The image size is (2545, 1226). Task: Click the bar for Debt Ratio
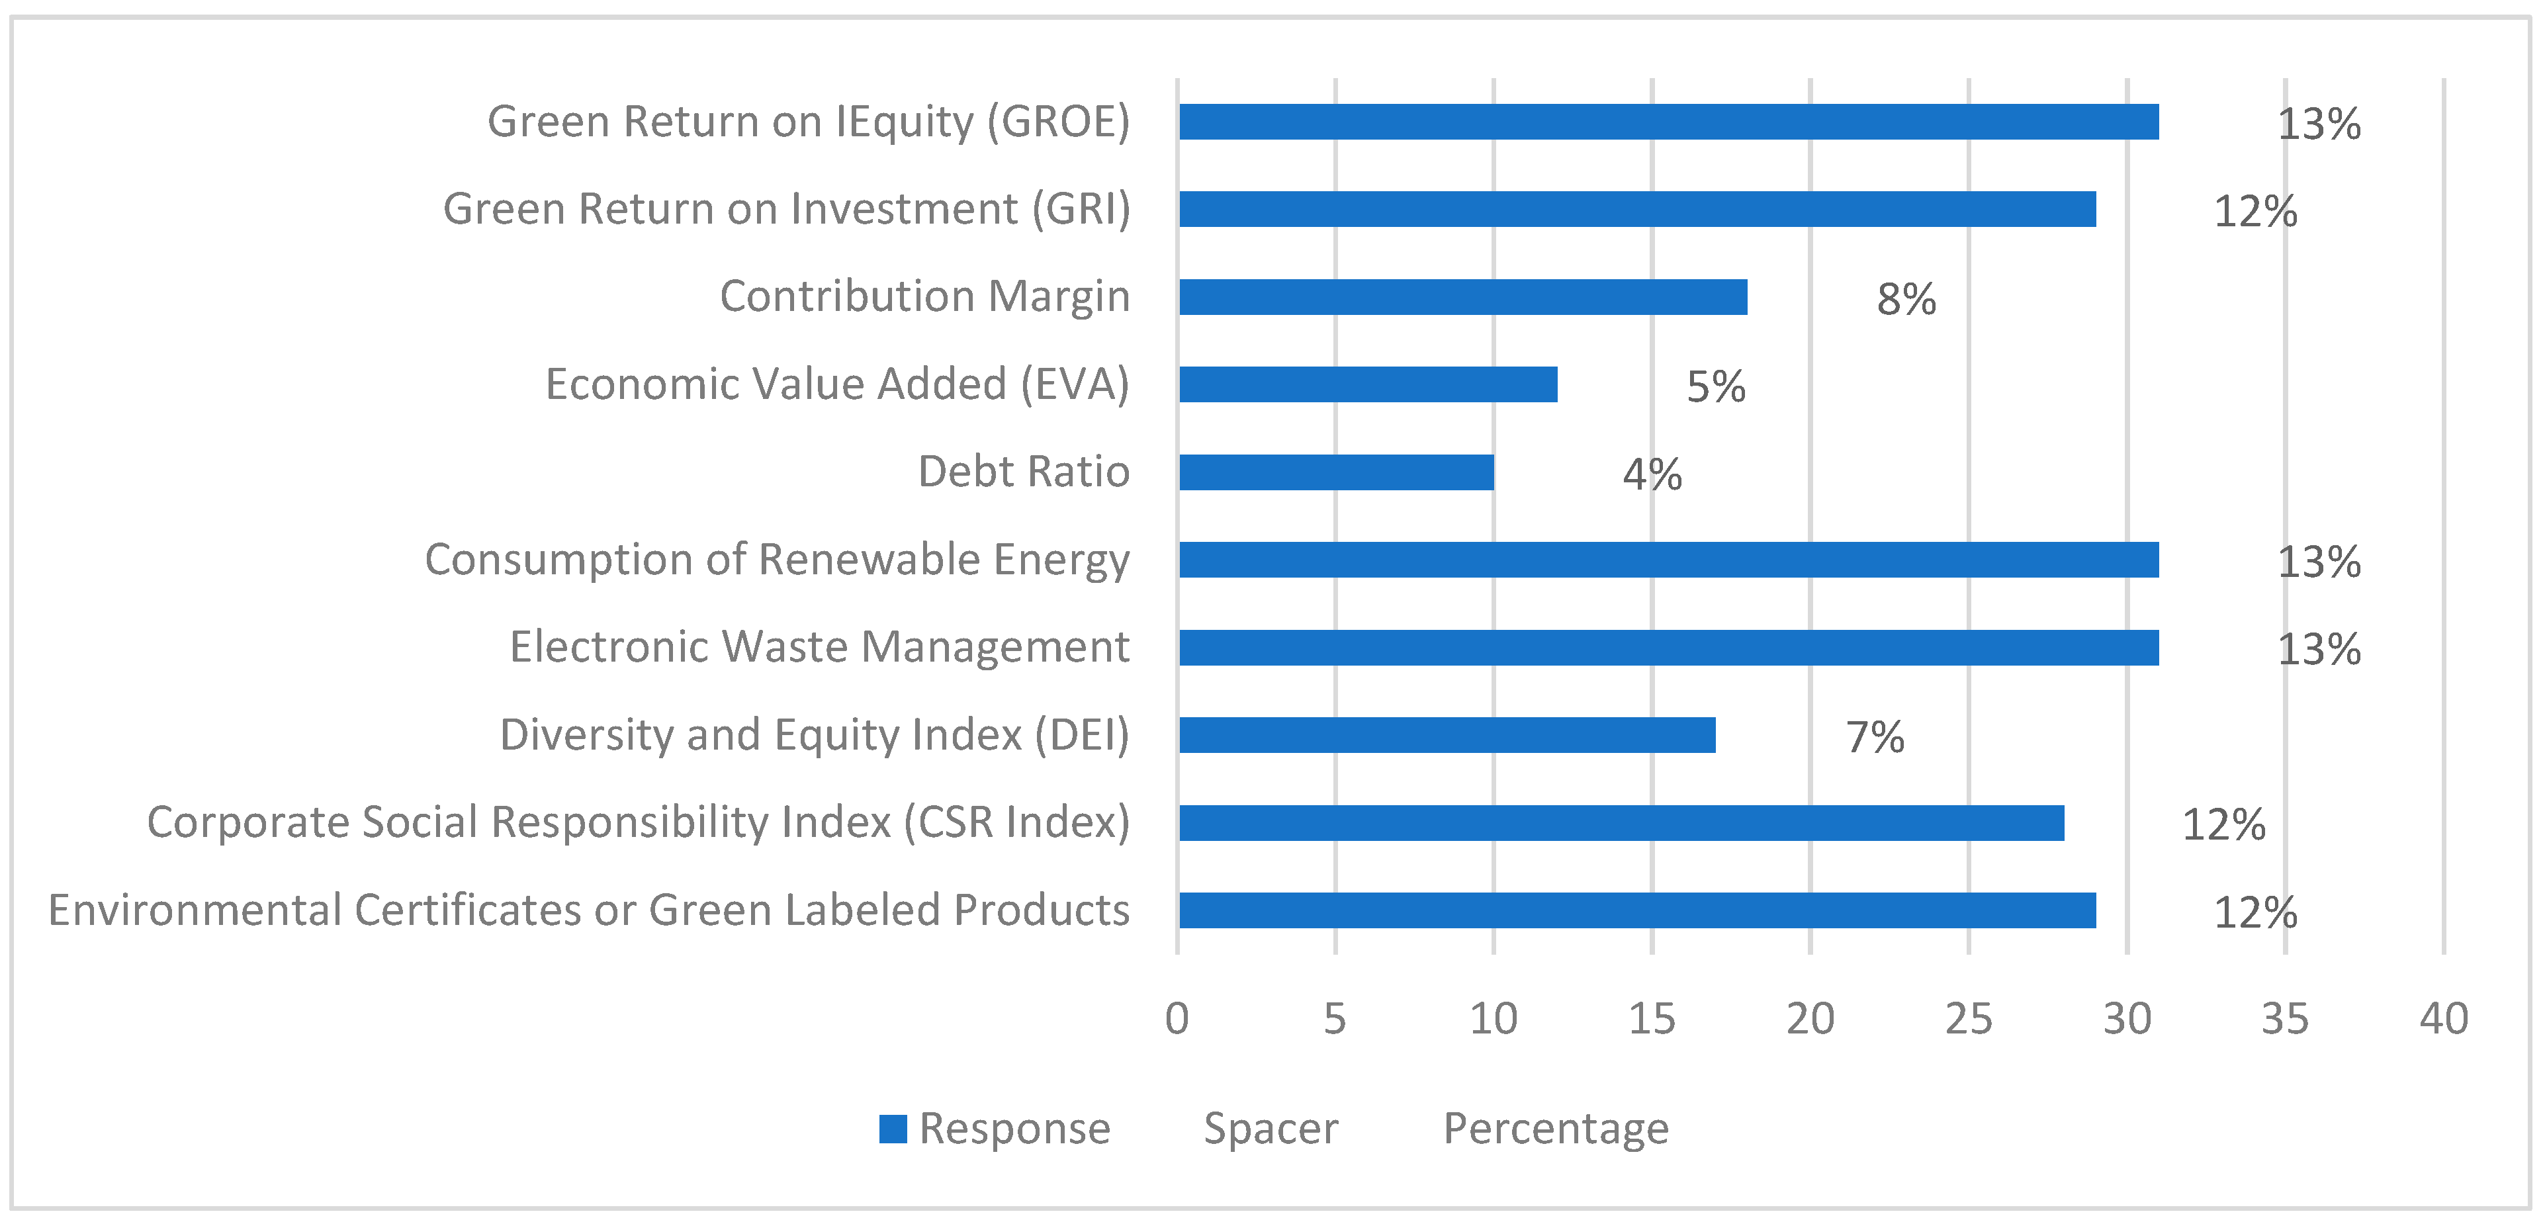1336,472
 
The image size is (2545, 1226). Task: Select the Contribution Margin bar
1462,297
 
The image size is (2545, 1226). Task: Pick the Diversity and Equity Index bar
1447,735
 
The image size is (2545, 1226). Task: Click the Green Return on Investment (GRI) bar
1637,210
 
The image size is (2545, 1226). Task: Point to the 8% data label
1906,299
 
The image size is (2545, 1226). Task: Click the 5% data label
1715,386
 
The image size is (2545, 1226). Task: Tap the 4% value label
1652,474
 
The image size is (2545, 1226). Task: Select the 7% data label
1874,737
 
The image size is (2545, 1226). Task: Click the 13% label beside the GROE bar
2318,124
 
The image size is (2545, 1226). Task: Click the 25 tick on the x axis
1968,1018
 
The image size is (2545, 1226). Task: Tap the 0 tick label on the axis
1177,1018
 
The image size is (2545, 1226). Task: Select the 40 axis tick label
2443,1018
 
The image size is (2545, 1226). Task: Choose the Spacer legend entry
1271,1128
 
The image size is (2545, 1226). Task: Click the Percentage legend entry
1555,1128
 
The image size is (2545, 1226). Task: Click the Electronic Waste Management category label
819,647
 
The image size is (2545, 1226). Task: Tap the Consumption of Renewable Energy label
777,560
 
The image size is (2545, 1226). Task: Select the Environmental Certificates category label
589,910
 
